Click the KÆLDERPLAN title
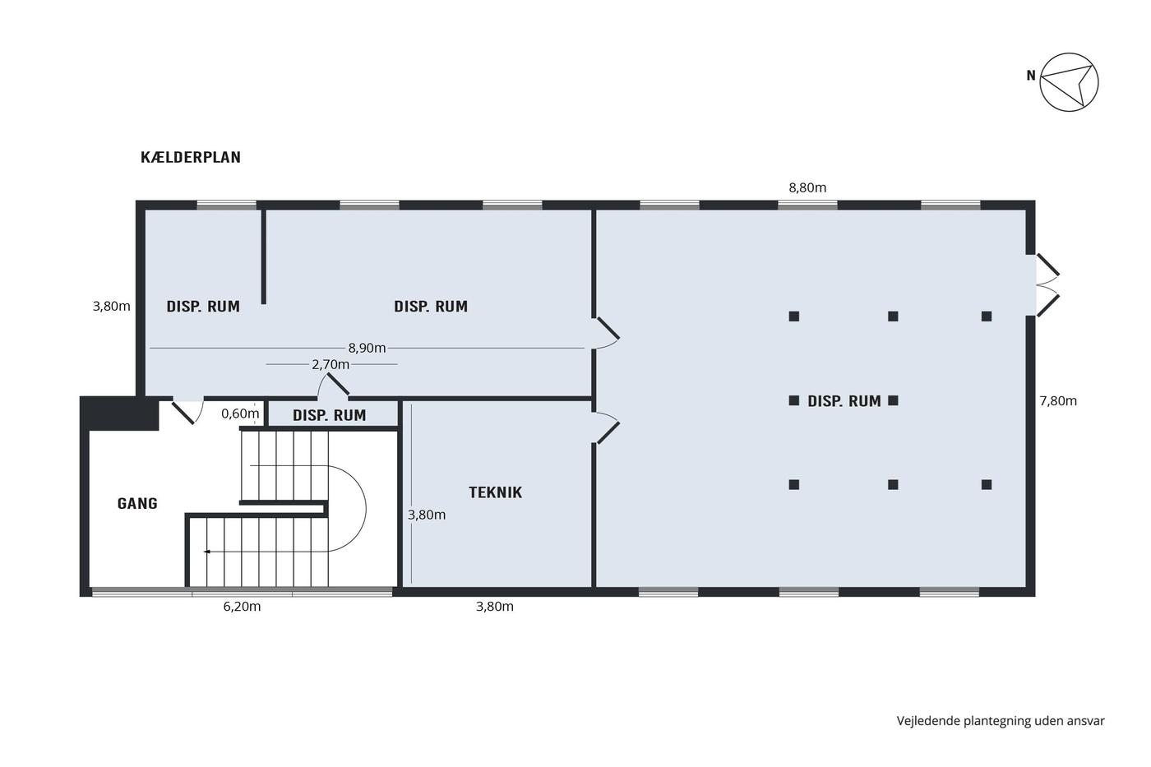(191, 157)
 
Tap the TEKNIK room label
(495, 492)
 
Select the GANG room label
(137, 503)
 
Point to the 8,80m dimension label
(807, 188)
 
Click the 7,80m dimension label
(1058, 401)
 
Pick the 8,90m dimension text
(367, 349)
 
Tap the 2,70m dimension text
(331, 365)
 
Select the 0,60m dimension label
(240, 414)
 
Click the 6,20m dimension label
(242, 607)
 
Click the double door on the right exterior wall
(1047, 284)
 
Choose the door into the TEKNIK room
(608, 427)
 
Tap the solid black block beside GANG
(120, 413)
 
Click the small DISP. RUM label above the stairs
(330, 415)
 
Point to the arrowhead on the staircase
(207, 552)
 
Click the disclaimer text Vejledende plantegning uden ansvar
(1001, 721)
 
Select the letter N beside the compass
(1031, 76)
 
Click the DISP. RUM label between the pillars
(844, 401)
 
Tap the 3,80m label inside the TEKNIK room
(427, 515)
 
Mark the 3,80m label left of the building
(112, 307)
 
